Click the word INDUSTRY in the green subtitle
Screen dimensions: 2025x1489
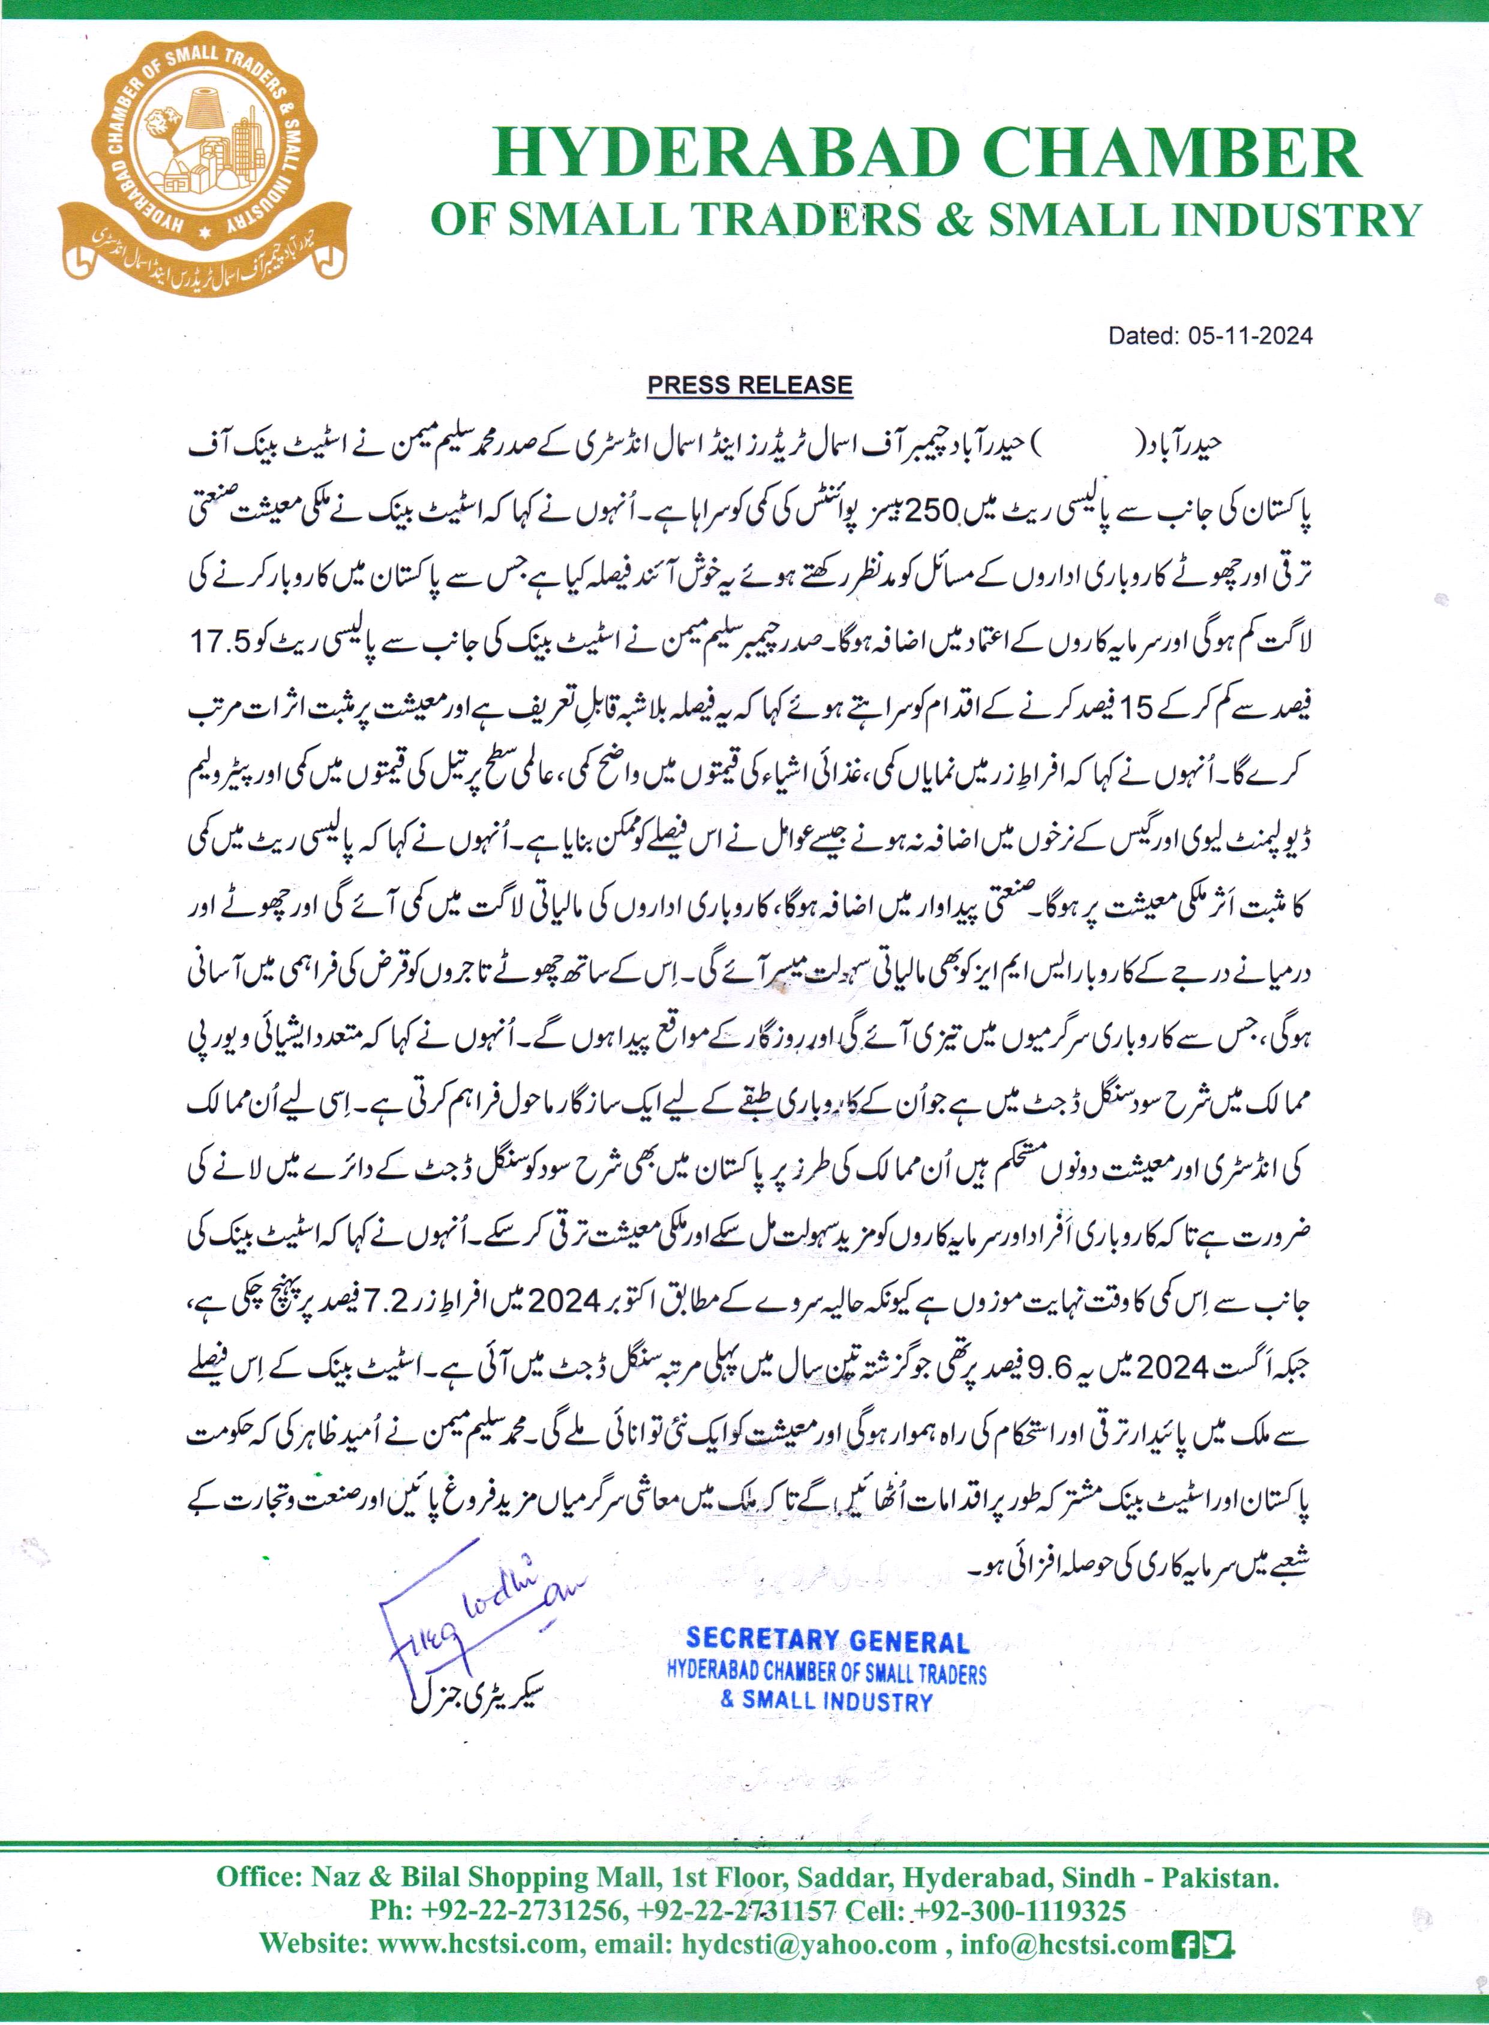(1299, 220)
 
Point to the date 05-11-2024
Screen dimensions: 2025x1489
(1250, 336)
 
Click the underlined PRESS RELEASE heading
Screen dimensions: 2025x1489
(750, 385)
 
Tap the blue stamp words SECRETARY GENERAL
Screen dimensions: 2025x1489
(827, 1641)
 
